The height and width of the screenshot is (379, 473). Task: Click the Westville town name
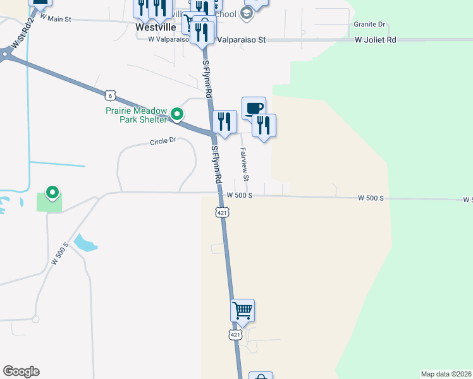pyautogui.click(x=156, y=28)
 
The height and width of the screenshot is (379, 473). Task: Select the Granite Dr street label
pyautogui.click(x=369, y=25)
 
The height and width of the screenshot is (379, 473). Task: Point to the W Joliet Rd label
pyautogui.click(x=375, y=40)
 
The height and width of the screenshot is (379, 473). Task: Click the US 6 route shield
pyautogui.click(x=111, y=95)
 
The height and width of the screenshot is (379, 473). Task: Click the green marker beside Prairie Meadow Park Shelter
pyautogui.click(x=178, y=114)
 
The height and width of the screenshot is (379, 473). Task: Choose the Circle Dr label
pyautogui.click(x=163, y=141)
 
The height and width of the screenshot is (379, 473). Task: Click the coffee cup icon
pyautogui.click(x=254, y=108)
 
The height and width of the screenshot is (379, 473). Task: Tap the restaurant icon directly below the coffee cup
pyautogui.click(x=264, y=124)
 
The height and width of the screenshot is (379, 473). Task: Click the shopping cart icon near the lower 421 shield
pyautogui.click(x=242, y=310)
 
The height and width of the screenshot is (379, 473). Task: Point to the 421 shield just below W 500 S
pyautogui.click(x=222, y=213)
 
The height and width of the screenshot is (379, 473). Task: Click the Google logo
pyautogui.click(x=21, y=371)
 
